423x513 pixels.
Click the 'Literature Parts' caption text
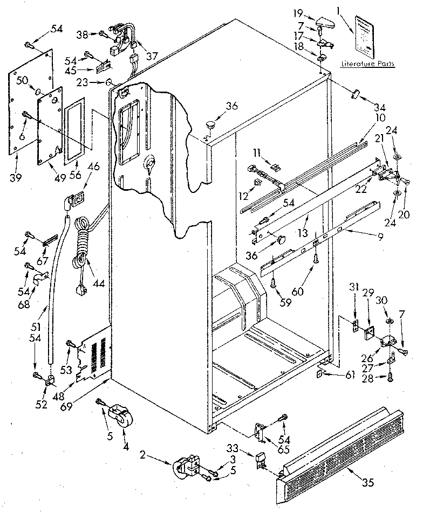(x=367, y=64)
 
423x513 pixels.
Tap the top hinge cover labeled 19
(x=326, y=23)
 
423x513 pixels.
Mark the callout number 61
(x=350, y=375)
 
